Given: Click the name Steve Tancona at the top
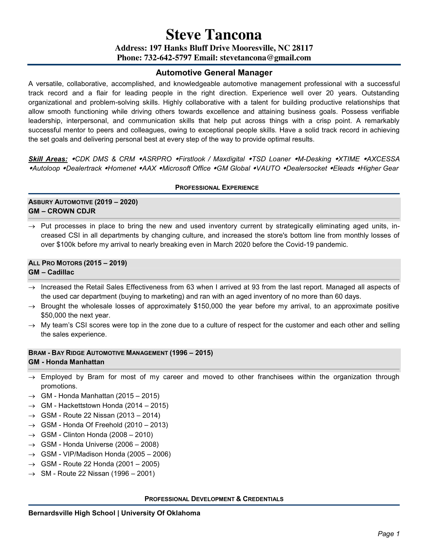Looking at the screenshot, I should coord(214,34).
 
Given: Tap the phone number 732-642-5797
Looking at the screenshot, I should coord(168,58).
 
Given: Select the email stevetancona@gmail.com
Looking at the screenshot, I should coord(265,58).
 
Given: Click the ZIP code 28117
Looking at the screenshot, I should coord(302,48).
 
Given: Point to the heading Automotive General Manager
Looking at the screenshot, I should coord(214,73).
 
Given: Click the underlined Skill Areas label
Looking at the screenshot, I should coord(48,159).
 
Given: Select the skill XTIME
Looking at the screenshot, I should coord(349,159).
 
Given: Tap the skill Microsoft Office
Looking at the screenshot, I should coord(186,168).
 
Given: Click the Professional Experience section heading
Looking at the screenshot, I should coord(217,188).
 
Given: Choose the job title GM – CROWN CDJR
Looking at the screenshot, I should coord(62,211).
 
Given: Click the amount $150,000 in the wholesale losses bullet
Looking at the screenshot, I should coord(208,306).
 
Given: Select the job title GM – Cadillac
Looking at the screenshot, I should coord(51,272).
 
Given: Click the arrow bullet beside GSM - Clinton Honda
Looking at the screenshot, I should coord(32,435).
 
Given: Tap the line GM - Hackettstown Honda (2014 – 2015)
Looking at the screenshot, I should coord(104,406).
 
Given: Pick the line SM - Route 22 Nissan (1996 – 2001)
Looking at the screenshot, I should coord(98,474).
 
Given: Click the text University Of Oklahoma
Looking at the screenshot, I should coord(161,513).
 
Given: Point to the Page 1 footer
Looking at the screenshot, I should coord(388,534).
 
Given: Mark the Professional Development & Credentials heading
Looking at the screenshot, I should coord(214,499).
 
